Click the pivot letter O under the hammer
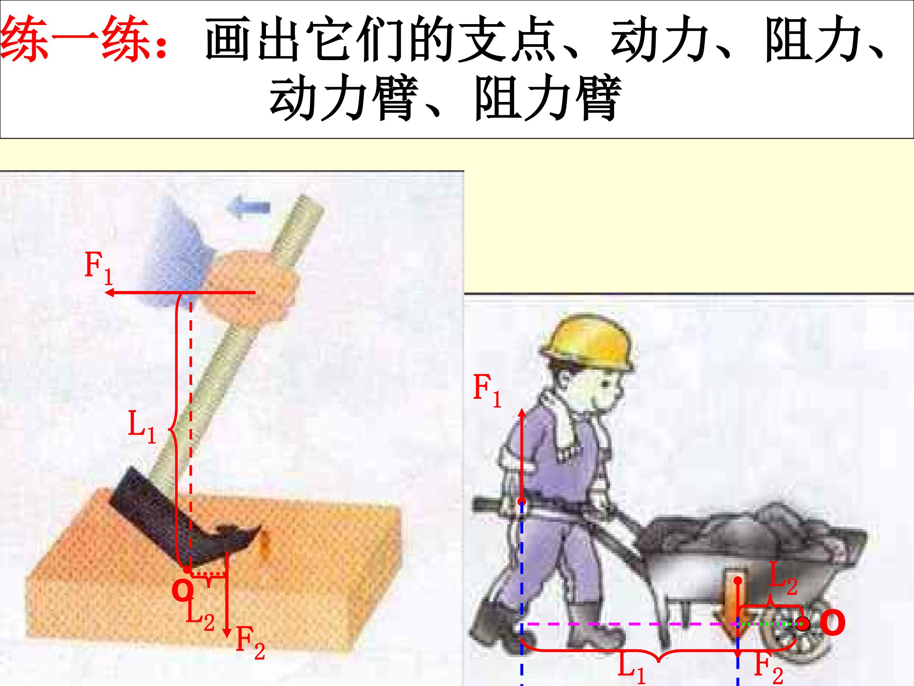pyautogui.click(x=182, y=591)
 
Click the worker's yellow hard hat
pyautogui.click(x=587, y=343)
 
